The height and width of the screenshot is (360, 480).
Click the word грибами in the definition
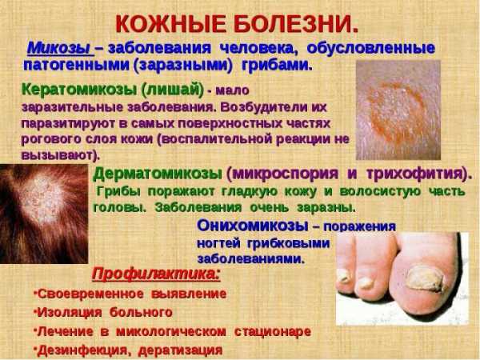[277, 66]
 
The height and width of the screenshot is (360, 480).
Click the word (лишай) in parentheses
[173, 90]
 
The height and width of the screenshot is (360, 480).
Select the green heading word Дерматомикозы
[158, 174]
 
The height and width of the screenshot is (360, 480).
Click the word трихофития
[414, 174]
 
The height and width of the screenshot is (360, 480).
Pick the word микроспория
[283, 174]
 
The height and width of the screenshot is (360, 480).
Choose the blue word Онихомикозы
[253, 226]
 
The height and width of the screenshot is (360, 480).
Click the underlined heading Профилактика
[156, 274]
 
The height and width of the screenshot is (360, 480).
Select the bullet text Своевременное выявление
[130, 294]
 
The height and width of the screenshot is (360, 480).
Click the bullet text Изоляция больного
[103, 313]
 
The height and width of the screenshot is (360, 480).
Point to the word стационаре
[273, 331]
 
